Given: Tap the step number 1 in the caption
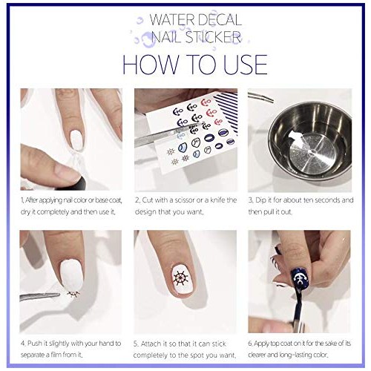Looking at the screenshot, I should click(x=22, y=200).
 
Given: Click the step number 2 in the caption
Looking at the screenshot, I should click(x=137, y=200).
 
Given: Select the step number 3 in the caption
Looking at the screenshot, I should click(x=251, y=200).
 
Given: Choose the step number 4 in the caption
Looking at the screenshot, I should click(x=22, y=344).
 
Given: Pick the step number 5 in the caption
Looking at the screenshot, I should click(x=137, y=344).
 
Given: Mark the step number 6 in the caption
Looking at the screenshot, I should click(x=251, y=344).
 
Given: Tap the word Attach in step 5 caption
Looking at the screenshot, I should click(x=152, y=344).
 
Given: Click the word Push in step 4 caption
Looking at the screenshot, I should click(x=35, y=344).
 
